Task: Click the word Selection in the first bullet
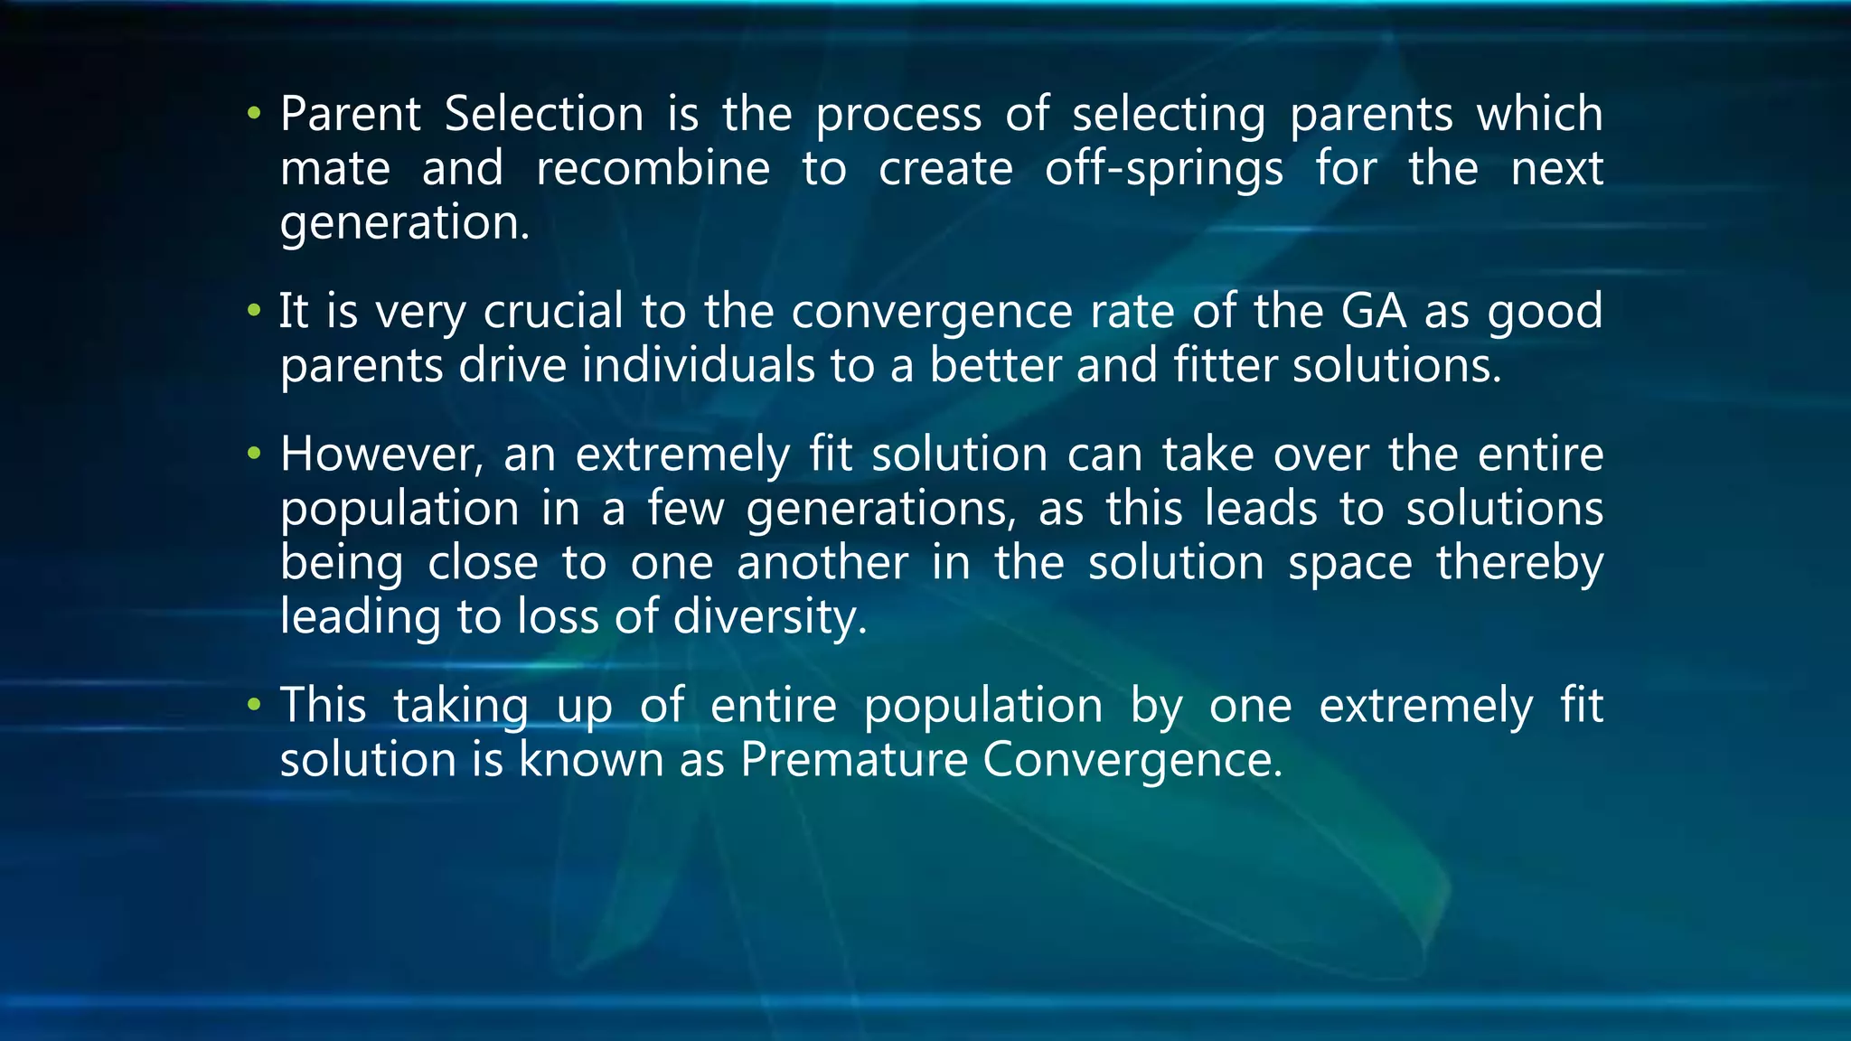(544, 115)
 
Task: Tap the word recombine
(653, 169)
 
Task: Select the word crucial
(553, 312)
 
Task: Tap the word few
(685, 509)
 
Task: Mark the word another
(822, 563)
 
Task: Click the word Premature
(854, 760)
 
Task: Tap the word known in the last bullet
(591, 760)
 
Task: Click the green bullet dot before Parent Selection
(254, 115)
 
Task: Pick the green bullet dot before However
(254, 454)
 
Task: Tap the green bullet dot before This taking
(254, 705)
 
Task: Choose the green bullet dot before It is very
(254, 312)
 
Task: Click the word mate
(335, 169)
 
